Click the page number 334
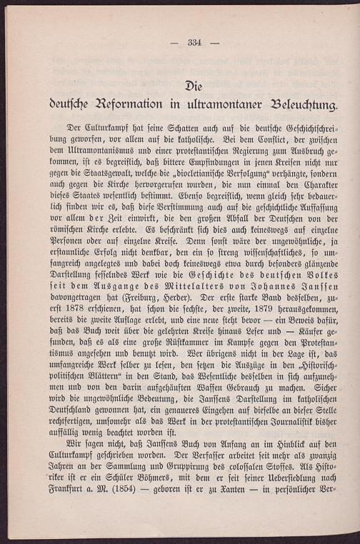click(x=195, y=43)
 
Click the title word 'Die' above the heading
click(x=194, y=86)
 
